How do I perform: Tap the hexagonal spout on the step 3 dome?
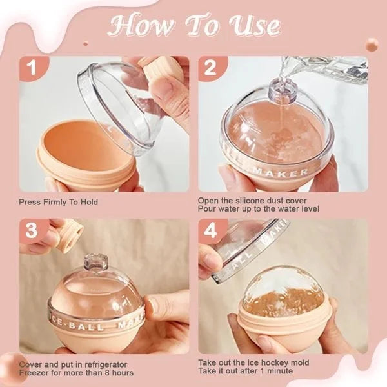click(x=96, y=264)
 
